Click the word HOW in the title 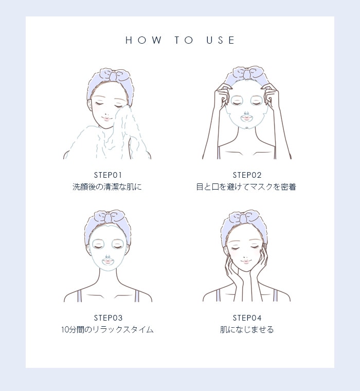click(x=143, y=40)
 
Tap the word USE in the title click(x=221, y=40)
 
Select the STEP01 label click(x=108, y=175)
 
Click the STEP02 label click(x=247, y=175)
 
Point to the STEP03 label click(x=108, y=318)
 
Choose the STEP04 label click(x=247, y=318)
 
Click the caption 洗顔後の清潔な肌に click(x=107, y=187)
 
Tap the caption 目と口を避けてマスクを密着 click(x=246, y=187)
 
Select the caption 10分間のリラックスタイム click(x=107, y=330)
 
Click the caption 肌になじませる click(x=247, y=330)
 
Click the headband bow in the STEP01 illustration click(x=114, y=75)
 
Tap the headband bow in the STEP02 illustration click(x=247, y=73)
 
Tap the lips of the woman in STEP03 click(x=107, y=262)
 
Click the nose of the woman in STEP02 click(x=246, y=114)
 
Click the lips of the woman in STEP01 click(x=106, y=119)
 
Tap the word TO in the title click(x=184, y=40)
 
